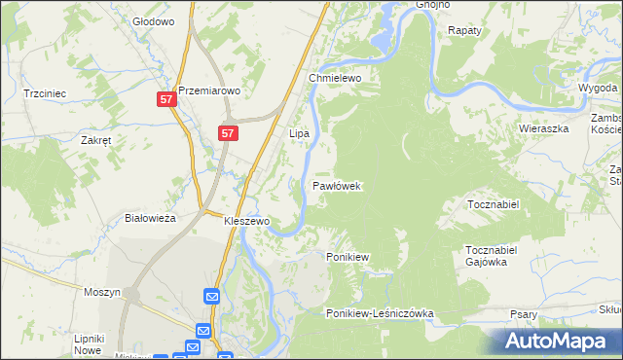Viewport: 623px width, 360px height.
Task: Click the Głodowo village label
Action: point(152,20)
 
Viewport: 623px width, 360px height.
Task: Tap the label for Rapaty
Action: point(465,30)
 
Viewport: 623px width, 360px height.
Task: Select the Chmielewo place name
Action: point(336,78)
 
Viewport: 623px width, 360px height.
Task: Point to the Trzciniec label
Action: point(44,93)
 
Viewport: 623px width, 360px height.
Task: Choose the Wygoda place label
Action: point(597,88)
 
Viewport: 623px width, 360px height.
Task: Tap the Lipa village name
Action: point(300,131)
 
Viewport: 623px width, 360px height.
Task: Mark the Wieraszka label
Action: point(543,127)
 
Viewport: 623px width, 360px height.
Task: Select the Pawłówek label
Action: point(338,185)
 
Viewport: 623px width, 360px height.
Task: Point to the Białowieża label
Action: point(151,218)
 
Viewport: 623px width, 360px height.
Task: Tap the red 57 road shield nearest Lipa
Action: point(227,133)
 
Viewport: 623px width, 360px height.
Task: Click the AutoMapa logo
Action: point(556,342)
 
